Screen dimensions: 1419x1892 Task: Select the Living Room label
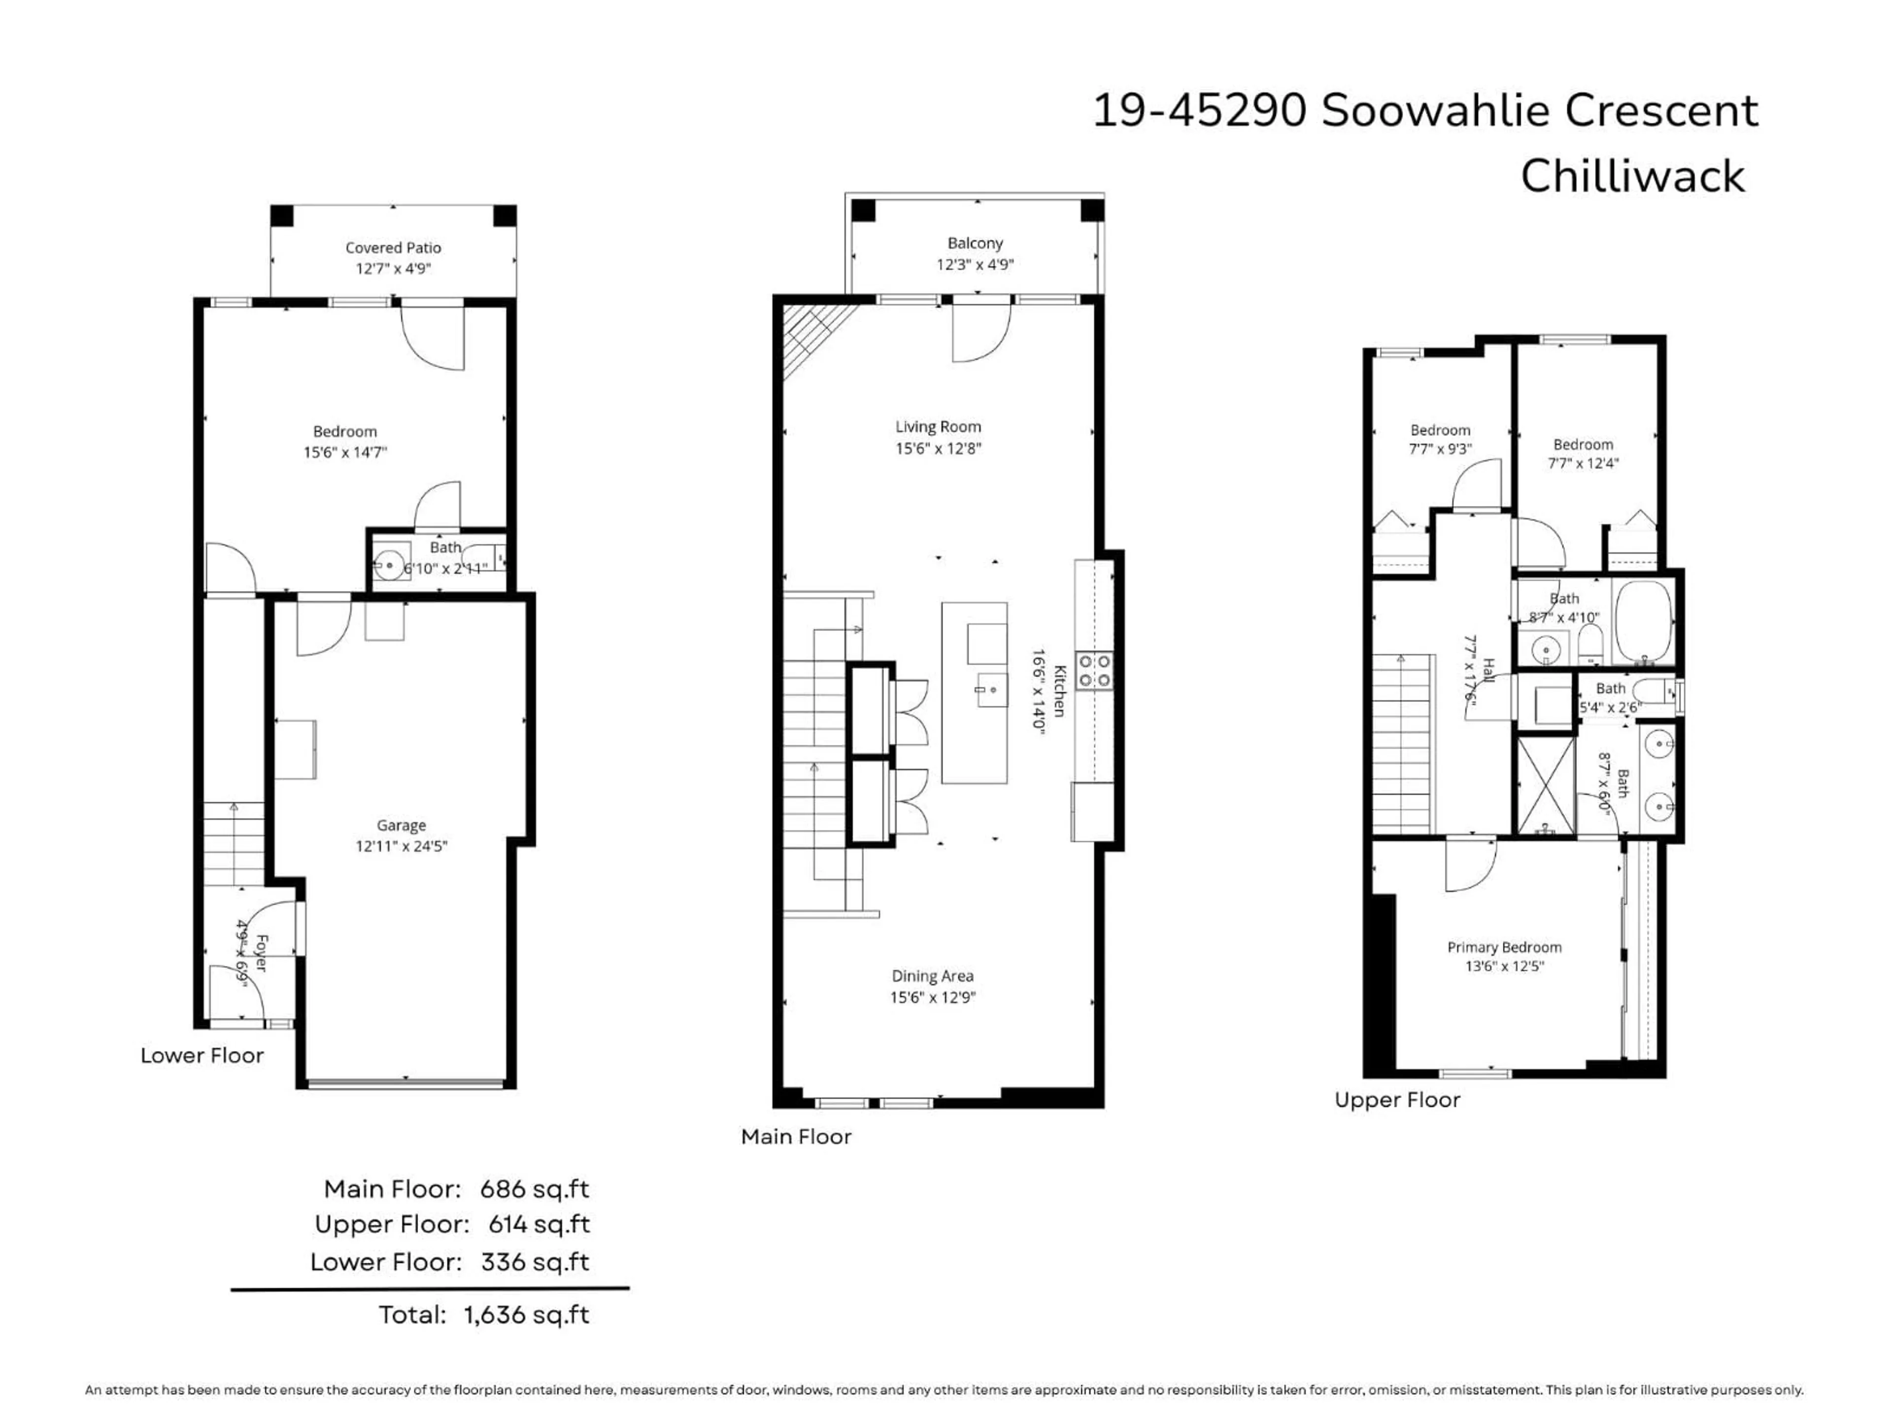[938, 427]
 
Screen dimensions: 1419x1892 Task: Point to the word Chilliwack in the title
[1632, 177]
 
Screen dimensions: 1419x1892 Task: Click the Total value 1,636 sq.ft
[527, 1315]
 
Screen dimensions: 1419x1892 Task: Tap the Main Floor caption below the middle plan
[795, 1137]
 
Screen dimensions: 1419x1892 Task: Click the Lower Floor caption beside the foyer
[202, 1055]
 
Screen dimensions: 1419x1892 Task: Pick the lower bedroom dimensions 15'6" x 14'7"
[345, 452]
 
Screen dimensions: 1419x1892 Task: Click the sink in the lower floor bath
[389, 565]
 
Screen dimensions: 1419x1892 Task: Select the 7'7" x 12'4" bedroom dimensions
[1583, 464]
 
